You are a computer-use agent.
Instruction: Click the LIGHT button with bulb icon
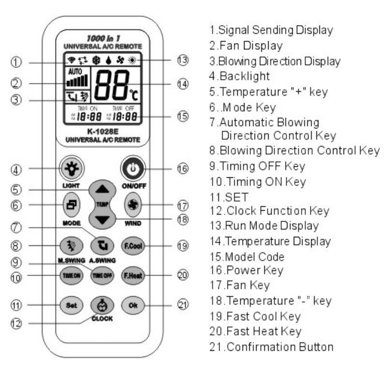[71, 169]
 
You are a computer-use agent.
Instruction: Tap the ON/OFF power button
[130, 169]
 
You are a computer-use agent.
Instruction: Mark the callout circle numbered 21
[182, 305]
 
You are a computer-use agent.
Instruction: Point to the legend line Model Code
[246, 256]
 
